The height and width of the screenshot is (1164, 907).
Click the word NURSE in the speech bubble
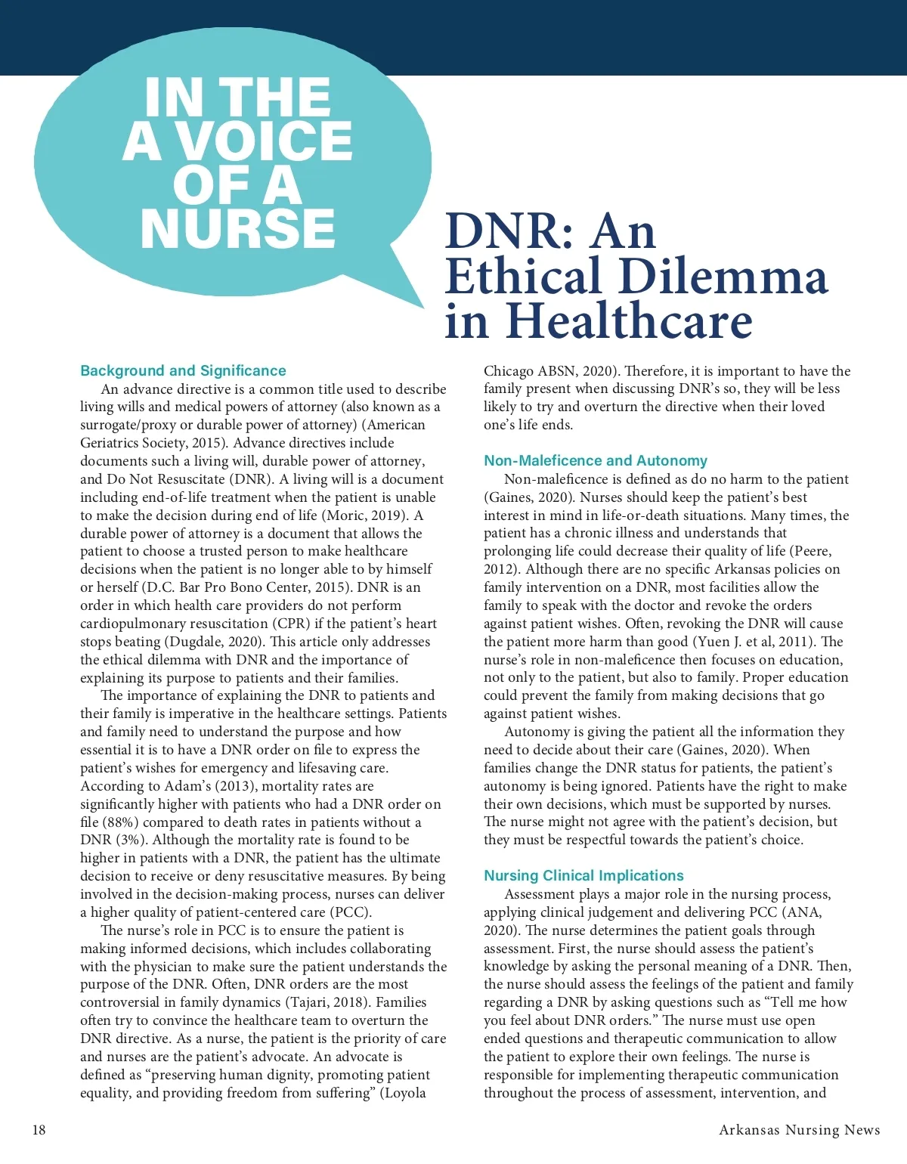[x=237, y=228]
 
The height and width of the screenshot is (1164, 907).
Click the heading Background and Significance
[x=183, y=370]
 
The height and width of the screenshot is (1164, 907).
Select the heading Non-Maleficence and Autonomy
[x=596, y=460]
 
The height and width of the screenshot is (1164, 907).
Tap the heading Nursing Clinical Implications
[x=584, y=875]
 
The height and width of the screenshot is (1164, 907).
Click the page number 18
[x=39, y=1130]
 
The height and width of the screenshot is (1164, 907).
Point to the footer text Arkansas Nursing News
[x=799, y=1130]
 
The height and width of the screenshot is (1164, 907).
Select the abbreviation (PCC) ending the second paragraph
[x=349, y=912]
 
